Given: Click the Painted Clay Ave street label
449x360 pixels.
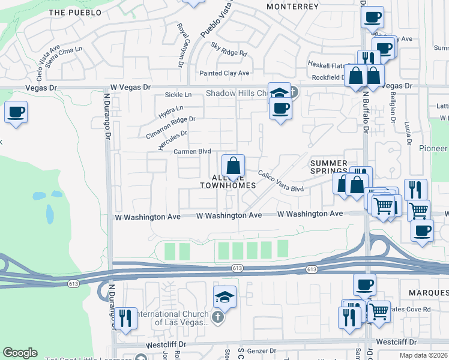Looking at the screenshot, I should pos(224,73).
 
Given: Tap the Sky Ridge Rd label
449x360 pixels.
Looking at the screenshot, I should pos(229,49).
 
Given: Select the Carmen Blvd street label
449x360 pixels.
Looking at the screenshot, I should pos(192,151).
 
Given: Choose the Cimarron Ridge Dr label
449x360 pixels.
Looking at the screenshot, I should pos(171,127).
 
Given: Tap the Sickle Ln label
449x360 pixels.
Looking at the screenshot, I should pos(178,95).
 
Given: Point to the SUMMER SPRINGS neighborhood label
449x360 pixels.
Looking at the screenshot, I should pos(328,167).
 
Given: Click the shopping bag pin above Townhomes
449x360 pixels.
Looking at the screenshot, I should pos(233,166).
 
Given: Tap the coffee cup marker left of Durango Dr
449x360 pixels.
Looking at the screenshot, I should pos(16,112).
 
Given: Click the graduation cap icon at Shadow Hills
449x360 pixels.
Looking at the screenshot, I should pos(279,93).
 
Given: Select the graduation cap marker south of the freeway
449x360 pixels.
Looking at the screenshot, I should pos(224,296).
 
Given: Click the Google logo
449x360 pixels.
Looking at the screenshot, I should pos(20,353).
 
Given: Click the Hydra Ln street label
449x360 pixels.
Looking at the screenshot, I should pos(171,112).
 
